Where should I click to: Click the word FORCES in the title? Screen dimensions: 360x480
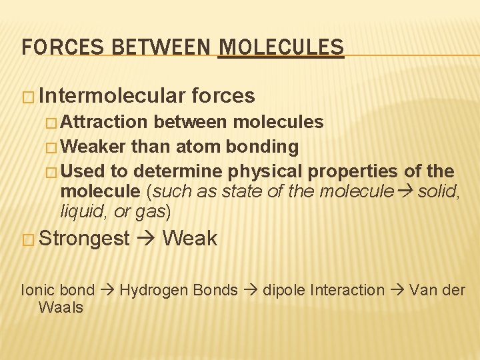(51, 47)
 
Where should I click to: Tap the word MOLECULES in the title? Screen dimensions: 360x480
(281, 47)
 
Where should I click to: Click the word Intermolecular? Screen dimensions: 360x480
(111, 96)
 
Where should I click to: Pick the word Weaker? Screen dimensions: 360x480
(93, 145)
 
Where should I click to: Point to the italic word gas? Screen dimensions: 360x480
(150, 212)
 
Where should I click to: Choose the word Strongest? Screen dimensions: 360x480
(84, 239)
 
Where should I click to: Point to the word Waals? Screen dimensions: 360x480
(61, 307)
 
